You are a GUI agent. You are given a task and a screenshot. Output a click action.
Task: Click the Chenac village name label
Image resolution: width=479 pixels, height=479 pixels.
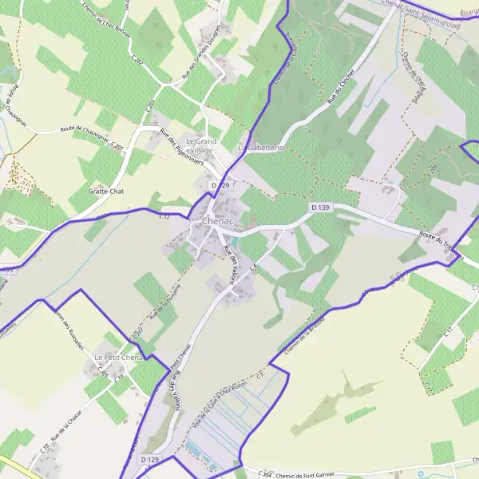pyautogui.click(x=218, y=221)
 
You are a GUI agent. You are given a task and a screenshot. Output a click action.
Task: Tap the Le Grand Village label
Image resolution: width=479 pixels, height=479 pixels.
pyautogui.click(x=200, y=145)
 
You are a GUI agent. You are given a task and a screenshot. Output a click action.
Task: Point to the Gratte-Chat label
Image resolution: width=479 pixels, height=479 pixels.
pyautogui.click(x=105, y=192)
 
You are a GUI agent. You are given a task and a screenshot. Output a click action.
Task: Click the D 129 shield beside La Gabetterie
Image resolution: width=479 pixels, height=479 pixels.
pyautogui.click(x=221, y=184)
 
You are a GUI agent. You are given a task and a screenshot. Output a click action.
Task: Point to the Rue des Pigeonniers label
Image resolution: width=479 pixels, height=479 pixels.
pyautogui.click(x=182, y=147)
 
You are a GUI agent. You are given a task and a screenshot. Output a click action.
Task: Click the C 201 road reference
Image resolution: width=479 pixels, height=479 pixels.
pyautogui.click(x=117, y=146)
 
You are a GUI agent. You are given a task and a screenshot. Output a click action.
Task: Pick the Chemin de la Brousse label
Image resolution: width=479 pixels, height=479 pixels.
pyautogui.click(x=302, y=336)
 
